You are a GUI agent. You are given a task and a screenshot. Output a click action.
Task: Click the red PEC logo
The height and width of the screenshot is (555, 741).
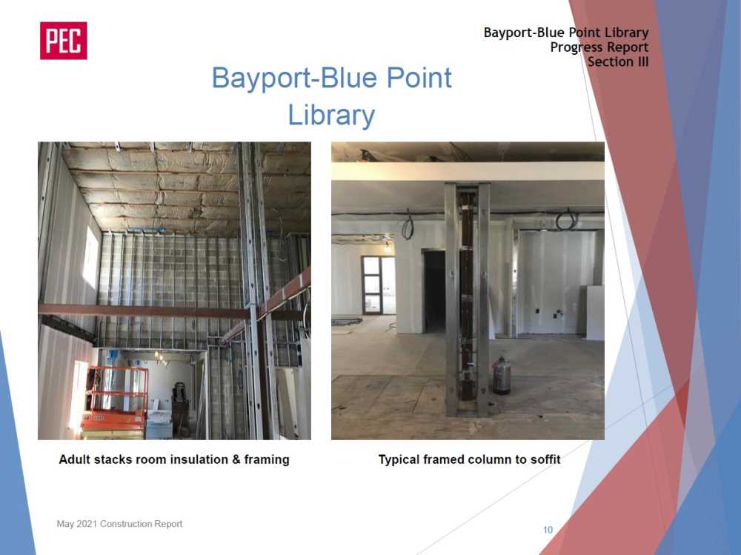point(63,41)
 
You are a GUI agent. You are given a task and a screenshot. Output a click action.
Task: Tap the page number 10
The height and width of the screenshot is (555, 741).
point(548,530)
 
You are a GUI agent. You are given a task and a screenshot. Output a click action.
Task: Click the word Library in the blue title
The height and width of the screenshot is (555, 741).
point(331,116)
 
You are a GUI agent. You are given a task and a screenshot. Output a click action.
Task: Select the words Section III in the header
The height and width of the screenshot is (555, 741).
point(618,62)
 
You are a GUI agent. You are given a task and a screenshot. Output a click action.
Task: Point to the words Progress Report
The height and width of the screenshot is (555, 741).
point(599,47)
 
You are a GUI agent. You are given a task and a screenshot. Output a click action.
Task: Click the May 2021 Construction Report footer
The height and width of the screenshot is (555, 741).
point(119,524)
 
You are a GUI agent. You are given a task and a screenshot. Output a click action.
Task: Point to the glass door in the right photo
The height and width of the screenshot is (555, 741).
point(378,285)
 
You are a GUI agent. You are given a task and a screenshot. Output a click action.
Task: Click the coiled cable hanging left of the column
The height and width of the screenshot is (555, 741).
point(408,226)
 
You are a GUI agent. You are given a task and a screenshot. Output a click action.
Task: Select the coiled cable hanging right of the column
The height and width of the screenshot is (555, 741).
point(566,219)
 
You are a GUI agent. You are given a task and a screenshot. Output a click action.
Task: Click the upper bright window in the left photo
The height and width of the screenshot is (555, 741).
point(91,258)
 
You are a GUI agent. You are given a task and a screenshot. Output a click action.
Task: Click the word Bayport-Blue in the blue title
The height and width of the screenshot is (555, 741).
point(295,78)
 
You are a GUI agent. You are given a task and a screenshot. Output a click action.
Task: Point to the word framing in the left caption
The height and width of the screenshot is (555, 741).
point(267,459)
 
